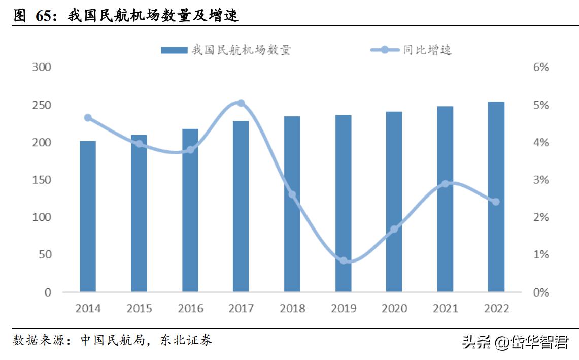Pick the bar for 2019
coord(343,203)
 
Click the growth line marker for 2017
coord(241,103)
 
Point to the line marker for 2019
coord(344,260)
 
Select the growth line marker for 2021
coord(445,184)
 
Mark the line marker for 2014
coord(88,118)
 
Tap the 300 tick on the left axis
coord(42,68)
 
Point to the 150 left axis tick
coord(42,180)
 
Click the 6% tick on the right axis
coord(541,68)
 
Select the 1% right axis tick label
coord(541,254)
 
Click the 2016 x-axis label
coord(190,308)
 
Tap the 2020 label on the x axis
coord(394,308)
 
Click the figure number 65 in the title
coord(45,16)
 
